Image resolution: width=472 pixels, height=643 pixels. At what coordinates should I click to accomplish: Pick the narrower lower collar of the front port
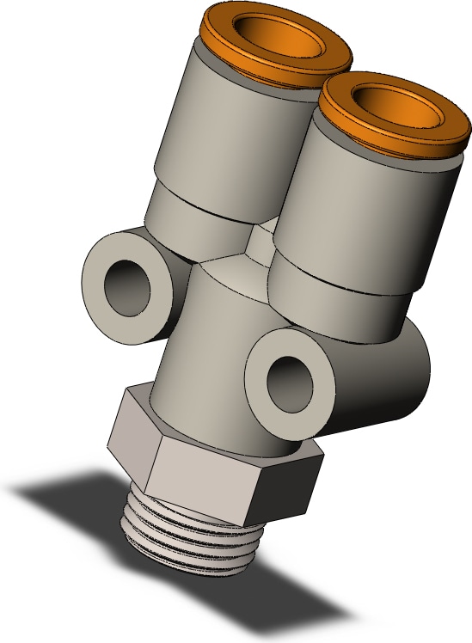click(x=344, y=301)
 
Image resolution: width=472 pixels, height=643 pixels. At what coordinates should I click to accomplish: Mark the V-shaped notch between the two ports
click(x=258, y=245)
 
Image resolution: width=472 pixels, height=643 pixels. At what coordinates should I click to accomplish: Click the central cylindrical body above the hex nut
click(x=206, y=344)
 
